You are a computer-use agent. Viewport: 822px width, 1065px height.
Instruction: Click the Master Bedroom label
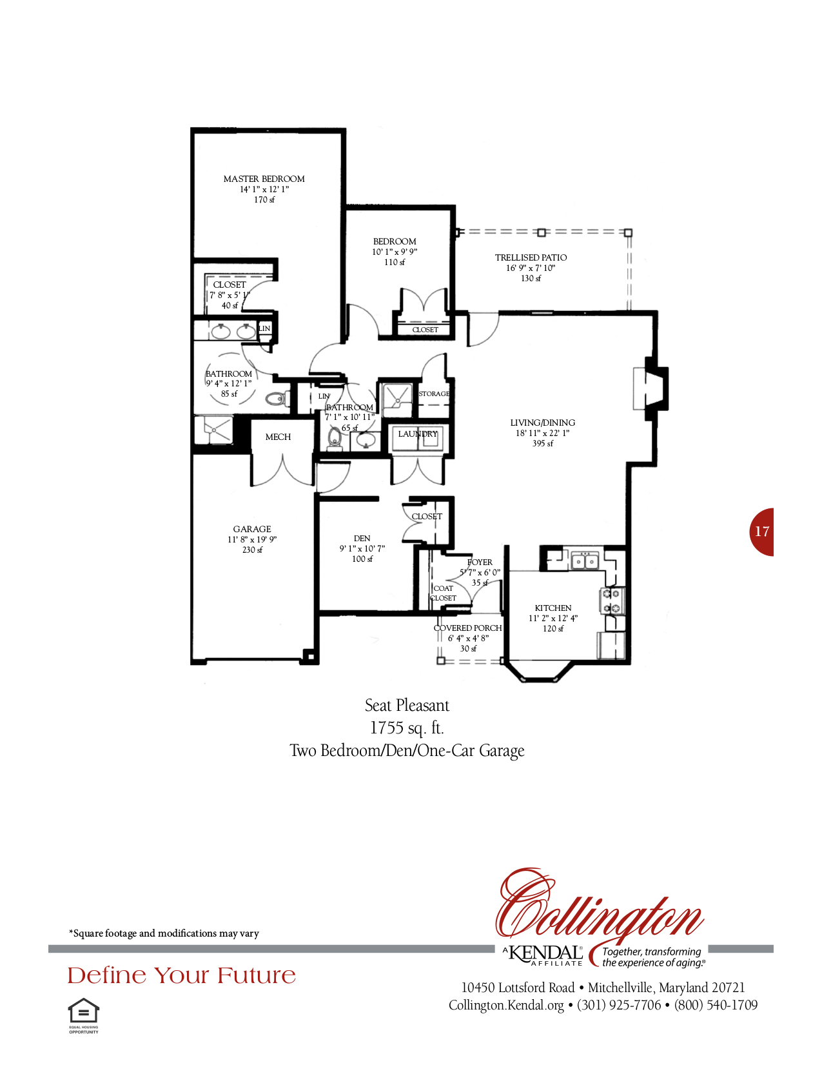[264, 179]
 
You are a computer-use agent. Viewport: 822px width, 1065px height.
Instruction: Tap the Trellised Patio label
[531, 257]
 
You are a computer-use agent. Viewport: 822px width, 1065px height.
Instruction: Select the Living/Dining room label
[542, 423]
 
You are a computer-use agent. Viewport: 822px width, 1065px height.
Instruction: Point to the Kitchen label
[553, 608]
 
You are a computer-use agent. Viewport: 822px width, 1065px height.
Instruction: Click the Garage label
[252, 529]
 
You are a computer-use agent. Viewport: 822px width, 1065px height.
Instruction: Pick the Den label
[362, 538]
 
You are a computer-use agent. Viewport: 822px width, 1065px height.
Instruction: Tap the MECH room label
[278, 437]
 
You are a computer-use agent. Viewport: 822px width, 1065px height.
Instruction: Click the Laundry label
[417, 434]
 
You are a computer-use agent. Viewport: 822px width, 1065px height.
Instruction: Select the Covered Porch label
[467, 628]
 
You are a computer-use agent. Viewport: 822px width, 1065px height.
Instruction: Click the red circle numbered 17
[762, 532]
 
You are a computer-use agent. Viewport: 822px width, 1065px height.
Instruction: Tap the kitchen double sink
[585, 562]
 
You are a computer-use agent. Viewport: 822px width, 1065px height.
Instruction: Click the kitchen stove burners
[612, 601]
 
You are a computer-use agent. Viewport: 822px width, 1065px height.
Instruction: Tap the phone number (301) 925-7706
[619, 1005]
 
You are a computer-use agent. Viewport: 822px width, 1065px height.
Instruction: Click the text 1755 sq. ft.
[407, 728]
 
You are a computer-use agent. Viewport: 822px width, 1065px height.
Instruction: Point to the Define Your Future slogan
[182, 975]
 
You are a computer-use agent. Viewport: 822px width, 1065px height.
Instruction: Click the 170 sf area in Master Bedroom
[264, 200]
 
